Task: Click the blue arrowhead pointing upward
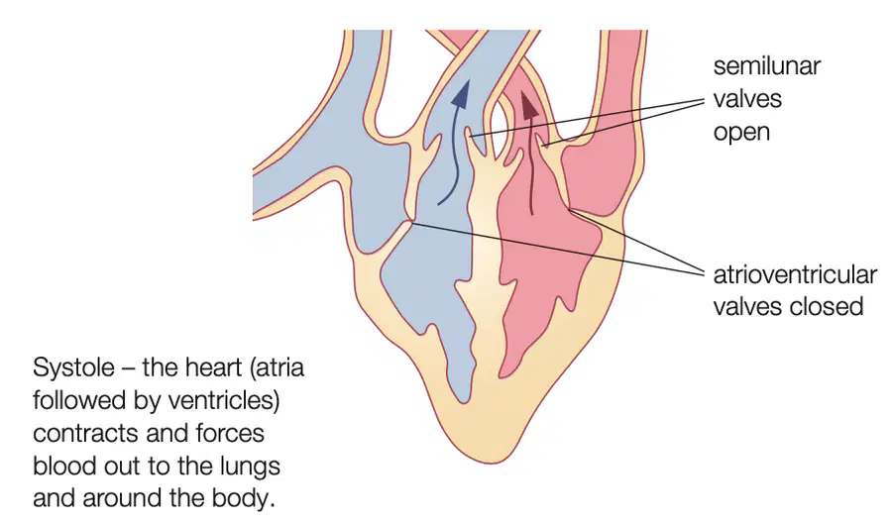(x=461, y=94)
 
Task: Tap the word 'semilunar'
(x=766, y=66)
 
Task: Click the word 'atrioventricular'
(x=795, y=274)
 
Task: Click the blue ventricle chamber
(x=432, y=273)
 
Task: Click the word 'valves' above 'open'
(x=747, y=99)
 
